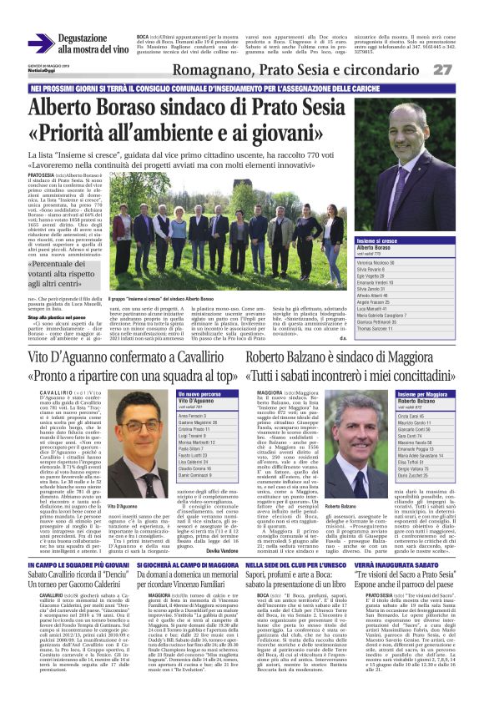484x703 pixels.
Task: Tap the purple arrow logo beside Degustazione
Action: pyautogui.click(x=40, y=43)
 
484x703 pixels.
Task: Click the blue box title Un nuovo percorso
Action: pyautogui.click(x=201, y=392)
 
